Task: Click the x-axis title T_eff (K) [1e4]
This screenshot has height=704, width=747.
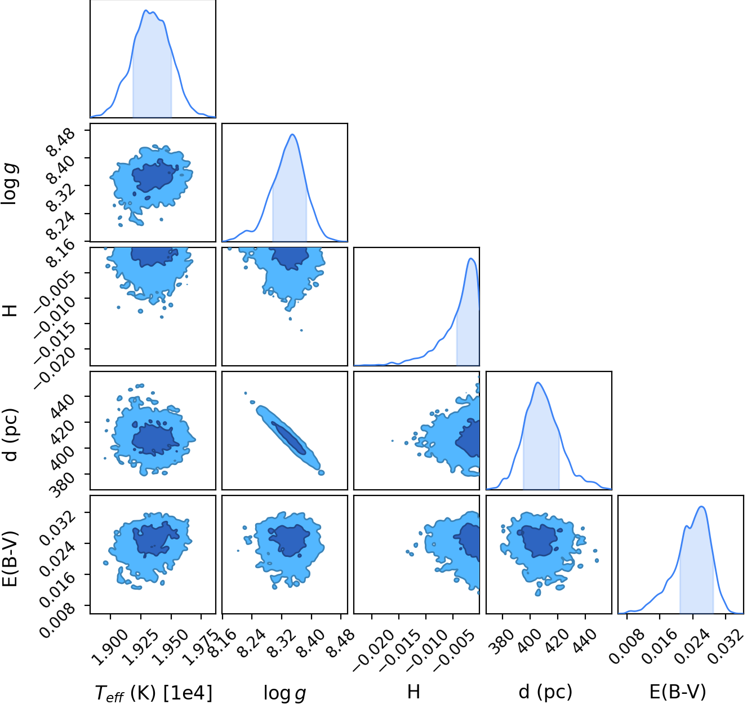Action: [x=153, y=693]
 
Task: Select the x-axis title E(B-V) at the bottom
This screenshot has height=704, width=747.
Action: [x=677, y=692]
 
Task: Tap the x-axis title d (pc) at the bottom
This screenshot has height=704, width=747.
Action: [x=545, y=692]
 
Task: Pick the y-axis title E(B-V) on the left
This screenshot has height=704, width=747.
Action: [x=10, y=559]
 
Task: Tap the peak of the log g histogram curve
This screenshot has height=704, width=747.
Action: [x=292, y=134]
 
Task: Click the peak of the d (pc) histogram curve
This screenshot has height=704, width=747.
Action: [x=538, y=383]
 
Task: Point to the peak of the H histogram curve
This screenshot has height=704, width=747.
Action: [x=470, y=258]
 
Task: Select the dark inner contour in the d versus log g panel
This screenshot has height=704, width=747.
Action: [x=288, y=437]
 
